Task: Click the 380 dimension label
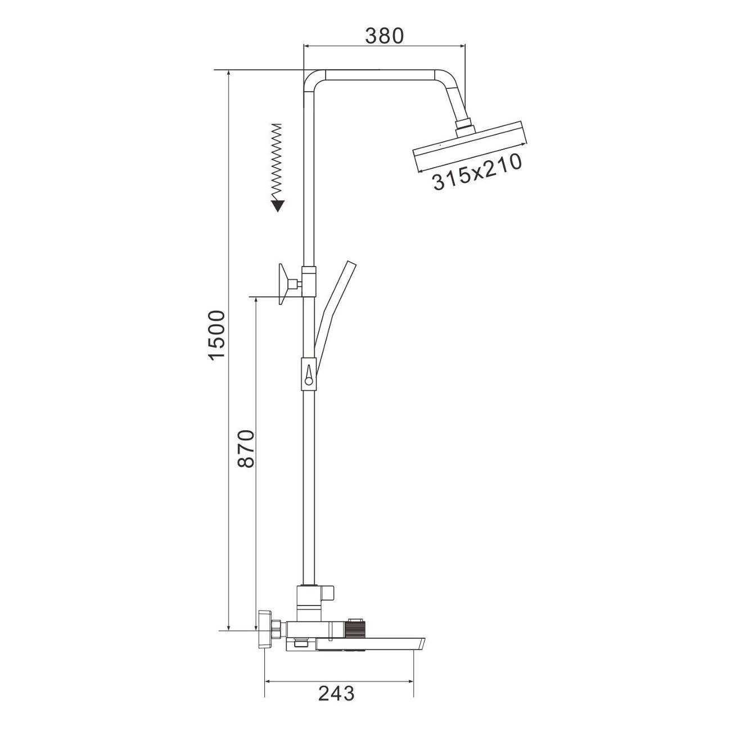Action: (384, 35)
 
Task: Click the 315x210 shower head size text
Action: (477, 171)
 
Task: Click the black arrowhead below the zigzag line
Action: (278, 205)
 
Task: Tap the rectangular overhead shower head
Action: (470, 146)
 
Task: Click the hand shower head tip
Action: (350, 265)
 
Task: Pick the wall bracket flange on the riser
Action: (283, 284)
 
